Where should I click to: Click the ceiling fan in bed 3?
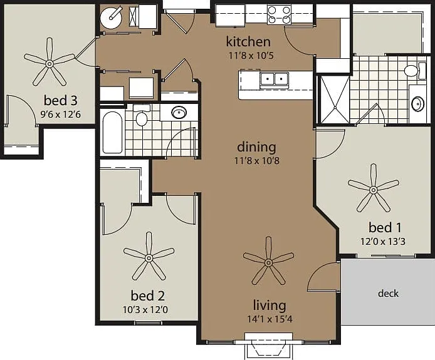[x=50, y=64]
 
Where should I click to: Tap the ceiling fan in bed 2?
[x=149, y=258]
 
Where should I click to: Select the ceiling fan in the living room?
[x=268, y=262]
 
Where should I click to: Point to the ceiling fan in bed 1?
[x=374, y=190]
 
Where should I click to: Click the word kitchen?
[x=248, y=41]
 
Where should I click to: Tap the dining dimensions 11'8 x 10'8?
[x=256, y=161]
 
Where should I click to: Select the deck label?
[x=388, y=293]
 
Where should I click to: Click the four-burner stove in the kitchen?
[x=280, y=15]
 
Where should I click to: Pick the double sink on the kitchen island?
[x=275, y=80]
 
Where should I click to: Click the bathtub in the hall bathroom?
[x=112, y=133]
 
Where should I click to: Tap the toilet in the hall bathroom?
[x=142, y=115]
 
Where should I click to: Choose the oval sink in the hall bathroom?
[x=179, y=112]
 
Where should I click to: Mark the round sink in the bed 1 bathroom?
[x=417, y=104]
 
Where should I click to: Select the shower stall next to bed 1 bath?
[x=335, y=99]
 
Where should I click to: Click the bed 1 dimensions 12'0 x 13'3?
[x=383, y=242]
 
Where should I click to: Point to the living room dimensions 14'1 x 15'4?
[x=270, y=319]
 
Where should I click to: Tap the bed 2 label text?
[x=147, y=296]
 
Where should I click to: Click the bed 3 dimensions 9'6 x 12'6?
[x=60, y=114]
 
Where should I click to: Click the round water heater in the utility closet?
[x=111, y=17]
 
